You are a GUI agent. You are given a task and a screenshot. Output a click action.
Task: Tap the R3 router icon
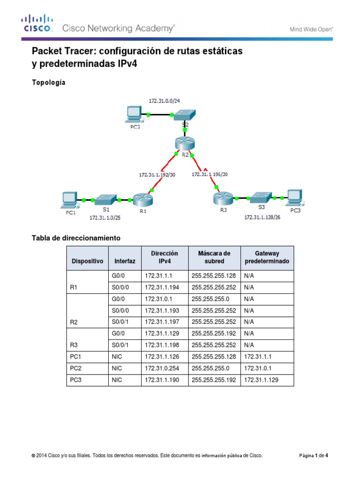click(222, 198)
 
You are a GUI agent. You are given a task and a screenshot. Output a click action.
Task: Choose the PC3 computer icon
click(295, 197)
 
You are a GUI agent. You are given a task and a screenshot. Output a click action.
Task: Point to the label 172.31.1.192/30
click(157, 174)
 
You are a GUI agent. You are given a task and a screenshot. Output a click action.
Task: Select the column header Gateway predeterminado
click(267, 257)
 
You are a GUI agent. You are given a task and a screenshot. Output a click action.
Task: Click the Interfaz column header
click(124, 261)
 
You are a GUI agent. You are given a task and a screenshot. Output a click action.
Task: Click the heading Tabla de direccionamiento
click(76, 238)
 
